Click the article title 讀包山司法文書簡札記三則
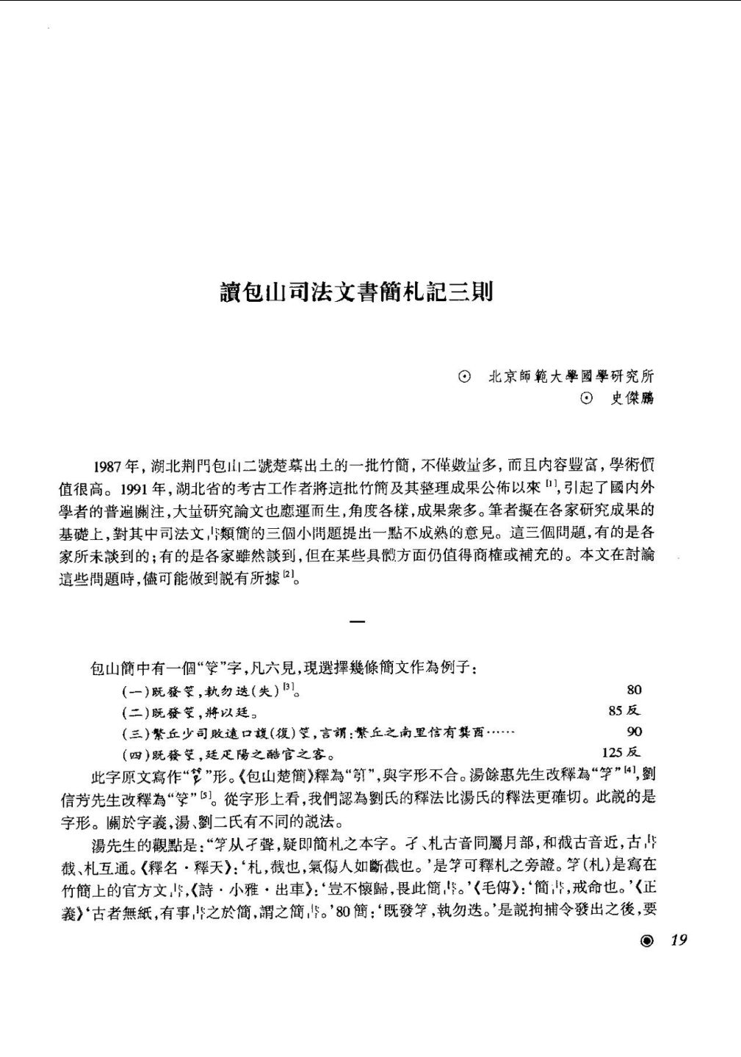point(357,292)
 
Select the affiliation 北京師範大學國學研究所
point(571,377)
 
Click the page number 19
point(679,940)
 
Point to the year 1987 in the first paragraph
point(108,466)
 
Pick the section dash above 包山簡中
point(357,623)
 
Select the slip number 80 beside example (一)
point(634,690)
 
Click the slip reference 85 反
point(624,710)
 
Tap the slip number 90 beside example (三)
point(634,732)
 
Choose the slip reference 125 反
point(621,752)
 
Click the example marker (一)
point(136,691)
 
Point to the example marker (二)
point(136,712)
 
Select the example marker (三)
point(136,733)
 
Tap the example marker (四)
point(136,754)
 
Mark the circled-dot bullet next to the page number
point(646,941)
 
